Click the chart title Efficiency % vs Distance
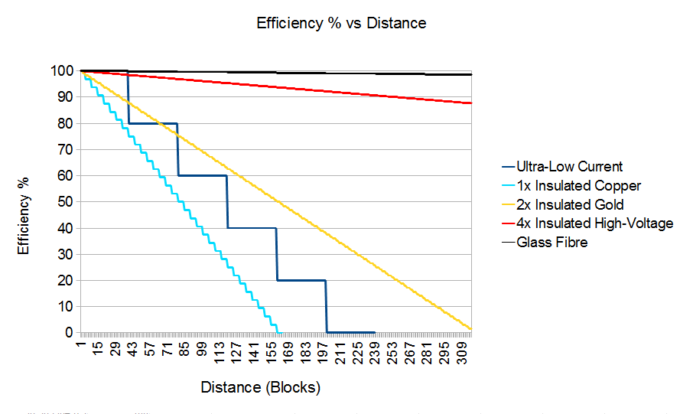pyautogui.click(x=341, y=23)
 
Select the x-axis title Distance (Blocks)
pyautogui.click(x=260, y=387)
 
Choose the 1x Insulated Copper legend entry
pyautogui.click(x=578, y=186)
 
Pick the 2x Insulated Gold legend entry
pyautogui.click(x=570, y=204)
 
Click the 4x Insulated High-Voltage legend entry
pyautogui.click(x=594, y=223)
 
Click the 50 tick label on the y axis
pyautogui.click(x=63, y=202)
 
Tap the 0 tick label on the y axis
pyautogui.click(x=68, y=333)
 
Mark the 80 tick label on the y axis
pyautogui.click(x=63, y=123)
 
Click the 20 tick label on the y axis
pyautogui.click(x=63, y=281)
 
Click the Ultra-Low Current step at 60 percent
pyautogui.click(x=203, y=175)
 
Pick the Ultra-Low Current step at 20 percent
pyautogui.click(x=301, y=280)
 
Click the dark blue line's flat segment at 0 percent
pyautogui.click(x=351, y=332)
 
